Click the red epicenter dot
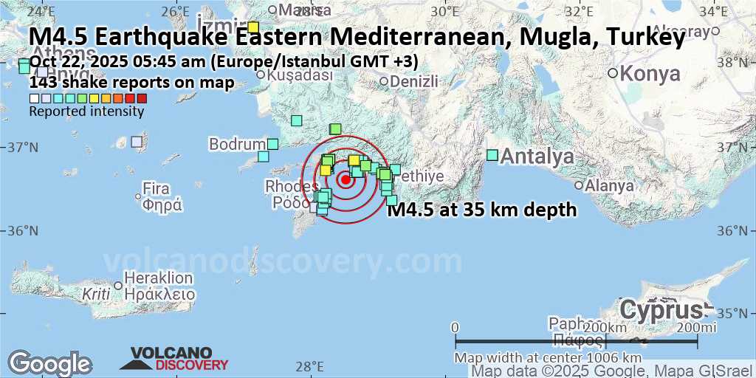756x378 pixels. click(x=345, y=179)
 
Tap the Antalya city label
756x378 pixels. click(x=537, y=157)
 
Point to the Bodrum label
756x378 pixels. click(x=236, y=143)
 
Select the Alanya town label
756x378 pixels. click(x=609, y=185)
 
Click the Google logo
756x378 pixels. click(x=49, y=363)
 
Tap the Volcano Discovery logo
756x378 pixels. click(x=174, y=359)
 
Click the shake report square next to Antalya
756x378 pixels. click(x=492, y=154)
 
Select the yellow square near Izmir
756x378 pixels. click(x=252, y=27)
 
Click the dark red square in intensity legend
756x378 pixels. click(x=142, y=98)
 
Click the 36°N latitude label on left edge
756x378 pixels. click(x=22, y=230)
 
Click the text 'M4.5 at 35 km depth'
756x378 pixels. click(x=482, y=210)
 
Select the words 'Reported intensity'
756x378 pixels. click(x=86, y=111)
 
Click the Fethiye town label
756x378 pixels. click(x=419, y=176)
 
